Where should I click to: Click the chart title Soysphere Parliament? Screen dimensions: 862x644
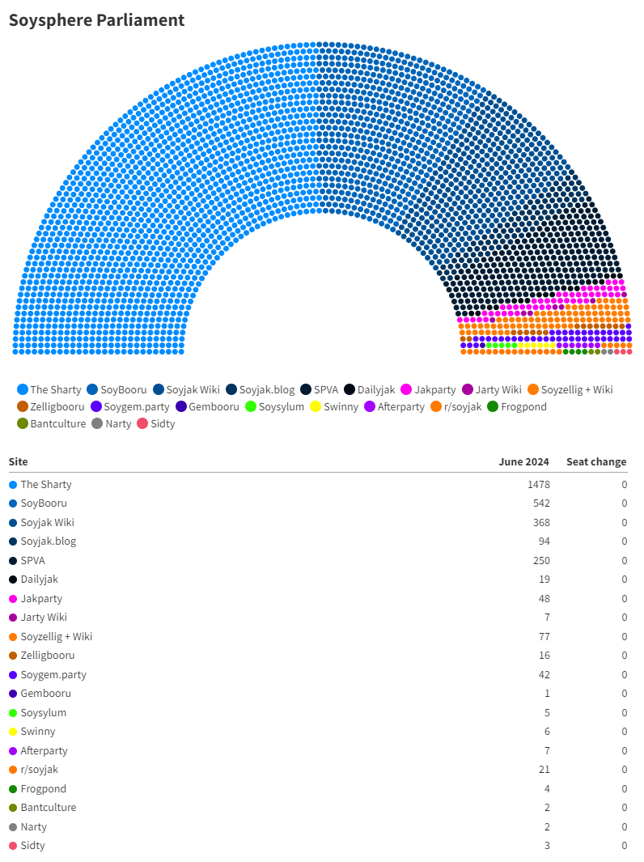pyautogui.click(x=96, y=20)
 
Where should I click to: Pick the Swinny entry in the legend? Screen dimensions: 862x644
pyautogui.click(x=335, y=406)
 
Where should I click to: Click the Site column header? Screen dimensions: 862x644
pyautogui.click(x=18, y=461)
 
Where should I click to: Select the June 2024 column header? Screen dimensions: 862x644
pyautogui.click(x=523, y=461)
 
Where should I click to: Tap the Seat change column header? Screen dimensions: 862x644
pyautogui.click(x=596, y=461)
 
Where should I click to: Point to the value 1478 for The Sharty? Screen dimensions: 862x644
pyautogui.click(x=537, y=484)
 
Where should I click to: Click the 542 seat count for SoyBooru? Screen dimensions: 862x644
pyautogui.click(x=540, y=503)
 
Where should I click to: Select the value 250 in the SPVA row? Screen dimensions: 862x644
pyautogui.click(x=540, y=560)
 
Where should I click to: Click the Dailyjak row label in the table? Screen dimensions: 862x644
pyautogui.click(x=39, y=579)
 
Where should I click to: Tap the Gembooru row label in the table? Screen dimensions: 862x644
pyautogui.click(x=45, y=693)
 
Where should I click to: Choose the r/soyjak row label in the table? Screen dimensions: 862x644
pyautogui.click(x=39, y=769)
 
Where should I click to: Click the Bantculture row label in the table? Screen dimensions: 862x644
pyautogui.click(x=48, y=807)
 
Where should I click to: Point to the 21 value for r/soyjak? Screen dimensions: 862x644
pyautogui.click(x=544, y=769)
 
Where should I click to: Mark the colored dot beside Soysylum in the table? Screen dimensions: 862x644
pyautogui.click(x=13, y=712)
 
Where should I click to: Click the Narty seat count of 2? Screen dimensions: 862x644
pyautogui.click(x=546, y=826)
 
